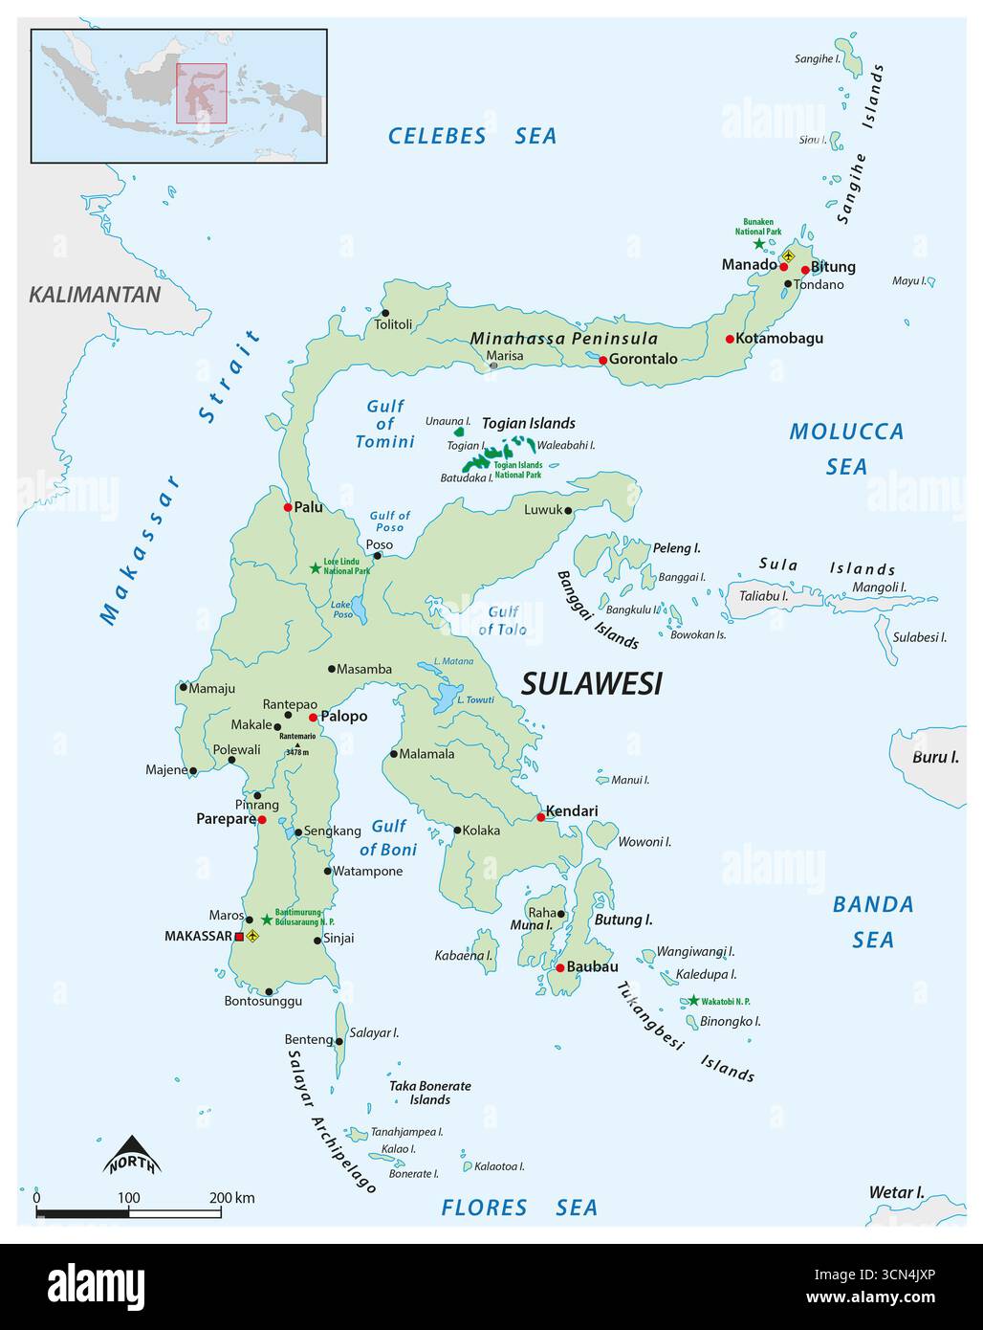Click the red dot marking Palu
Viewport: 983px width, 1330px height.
[x=288, y=507]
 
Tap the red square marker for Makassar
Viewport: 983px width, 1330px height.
[x=239, y=937]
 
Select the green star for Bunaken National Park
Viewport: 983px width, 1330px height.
[x=759, y=244]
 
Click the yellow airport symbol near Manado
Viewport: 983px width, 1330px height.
[x=789, y=255]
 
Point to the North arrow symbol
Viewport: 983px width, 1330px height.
[x=132, y=1155]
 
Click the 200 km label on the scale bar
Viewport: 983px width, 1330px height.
[x=231, y=1198]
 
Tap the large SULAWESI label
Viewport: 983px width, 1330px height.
[x=591, y=683]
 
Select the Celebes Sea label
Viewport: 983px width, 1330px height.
[x=471, y=136]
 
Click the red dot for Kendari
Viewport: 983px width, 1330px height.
[x=540, y=817]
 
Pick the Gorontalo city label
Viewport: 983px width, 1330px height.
[x=643, y=359]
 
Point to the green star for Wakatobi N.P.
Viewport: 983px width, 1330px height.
[x=692, y=1001]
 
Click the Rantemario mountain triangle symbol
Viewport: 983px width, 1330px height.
[x=296, y=744]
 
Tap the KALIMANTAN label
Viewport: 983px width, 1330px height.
[x=95, y=294]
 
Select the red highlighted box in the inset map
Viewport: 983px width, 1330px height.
[x=201, y=94]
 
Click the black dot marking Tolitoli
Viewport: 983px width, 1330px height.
[x=385, y=313]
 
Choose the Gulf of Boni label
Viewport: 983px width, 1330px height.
[x=388, y=837]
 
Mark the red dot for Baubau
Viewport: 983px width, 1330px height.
[x=559, y=967]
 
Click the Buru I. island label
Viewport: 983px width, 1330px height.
[x=934, y=757]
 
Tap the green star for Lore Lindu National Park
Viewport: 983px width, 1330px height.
[x=315, y=567]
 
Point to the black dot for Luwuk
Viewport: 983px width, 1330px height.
[x=568, y=510]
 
